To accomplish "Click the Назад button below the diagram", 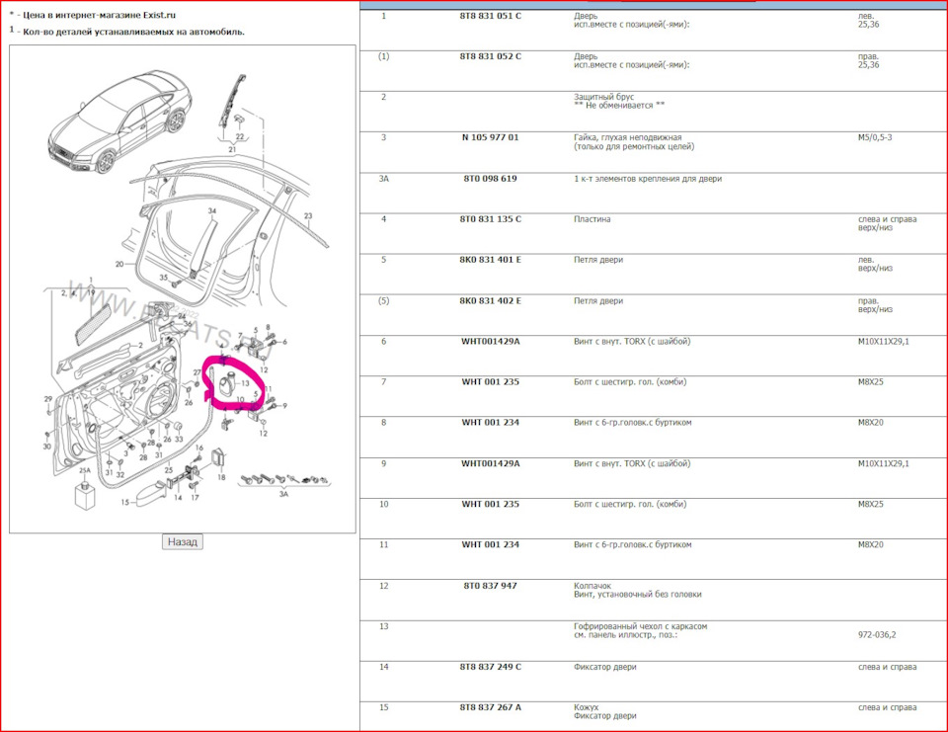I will pos(183,541).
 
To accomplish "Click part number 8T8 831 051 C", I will pos(490,16).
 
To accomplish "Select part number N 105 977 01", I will pos(490,137).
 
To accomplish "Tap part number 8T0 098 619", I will pos(490,179).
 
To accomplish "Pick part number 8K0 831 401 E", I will pos(490,260).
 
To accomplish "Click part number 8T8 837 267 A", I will pos(490,707).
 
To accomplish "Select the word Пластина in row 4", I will pos(592,219).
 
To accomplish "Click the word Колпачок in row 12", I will pos(594,585).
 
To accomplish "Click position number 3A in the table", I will pos(384,179).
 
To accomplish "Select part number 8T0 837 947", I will pos(490,586).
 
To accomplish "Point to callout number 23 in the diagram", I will pos(308,215).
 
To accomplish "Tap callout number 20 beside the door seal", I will pos(118,264).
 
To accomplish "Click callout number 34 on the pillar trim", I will pos(211,211).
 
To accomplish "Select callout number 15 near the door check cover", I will pos(125,502).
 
